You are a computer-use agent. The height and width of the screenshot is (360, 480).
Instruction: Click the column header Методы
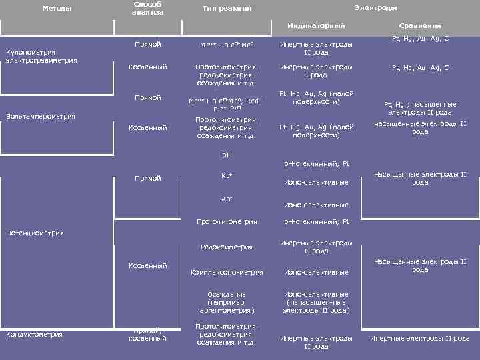click(x=57, y=9)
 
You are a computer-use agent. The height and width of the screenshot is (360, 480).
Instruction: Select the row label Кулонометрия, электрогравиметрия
click(x=41, y=56)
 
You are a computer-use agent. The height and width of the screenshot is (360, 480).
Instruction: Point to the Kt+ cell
click(x=226, y=177)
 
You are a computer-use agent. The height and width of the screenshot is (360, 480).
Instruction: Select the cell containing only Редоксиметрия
click(x=226, y=247)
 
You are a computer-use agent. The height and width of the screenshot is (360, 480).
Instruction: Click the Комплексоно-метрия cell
click(x=226, y=272)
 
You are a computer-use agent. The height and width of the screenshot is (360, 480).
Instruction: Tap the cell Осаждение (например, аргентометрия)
click(x=226, y=302)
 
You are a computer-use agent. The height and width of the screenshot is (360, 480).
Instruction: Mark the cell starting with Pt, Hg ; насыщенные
click(x=419, y=108)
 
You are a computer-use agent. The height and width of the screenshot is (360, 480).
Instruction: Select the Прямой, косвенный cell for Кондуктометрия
click(x=147, y=334)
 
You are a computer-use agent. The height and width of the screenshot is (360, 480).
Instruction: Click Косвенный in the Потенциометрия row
click(x=147, y=266)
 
